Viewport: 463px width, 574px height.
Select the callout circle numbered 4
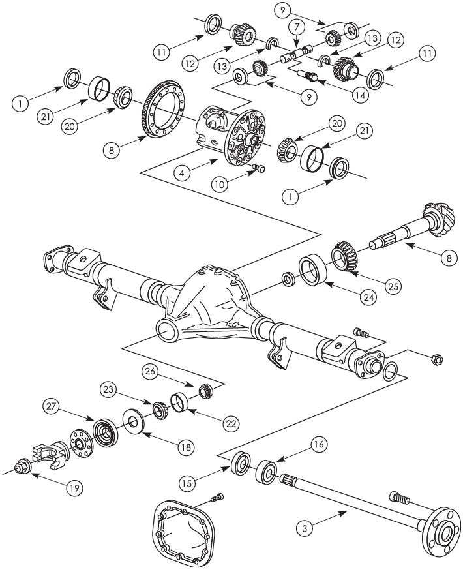point(183,174)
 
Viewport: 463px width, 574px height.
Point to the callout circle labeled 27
point(53,406)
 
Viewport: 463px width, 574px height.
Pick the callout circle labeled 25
point(393,286)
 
